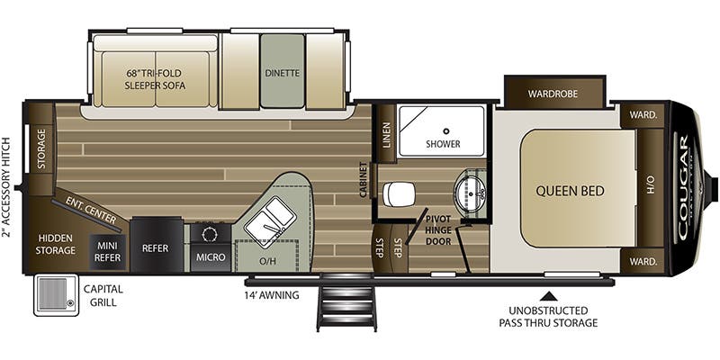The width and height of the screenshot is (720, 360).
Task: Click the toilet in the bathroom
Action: point(397,192)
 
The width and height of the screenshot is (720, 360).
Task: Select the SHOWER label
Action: point(443,143)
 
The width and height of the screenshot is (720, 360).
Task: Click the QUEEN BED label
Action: point(570,190)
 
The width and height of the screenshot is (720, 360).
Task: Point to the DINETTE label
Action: point(282,73)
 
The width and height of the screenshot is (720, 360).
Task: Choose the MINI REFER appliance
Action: point(108,250)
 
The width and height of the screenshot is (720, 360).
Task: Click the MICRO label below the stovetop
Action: point(211,257)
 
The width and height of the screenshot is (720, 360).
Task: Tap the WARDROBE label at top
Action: point(553,93)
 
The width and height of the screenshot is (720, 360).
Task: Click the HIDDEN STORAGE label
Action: point(56,244)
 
